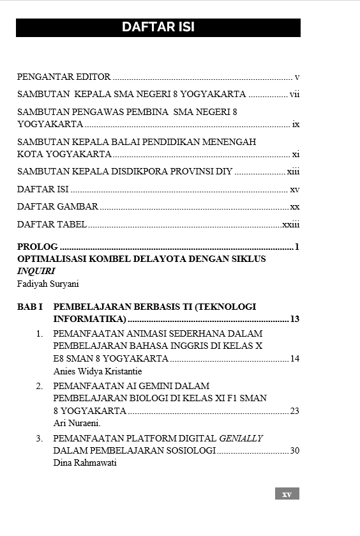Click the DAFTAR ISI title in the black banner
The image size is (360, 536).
tap(158, 27)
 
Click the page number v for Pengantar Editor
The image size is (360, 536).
tap(297, 77)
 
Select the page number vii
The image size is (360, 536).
tap(294, 95)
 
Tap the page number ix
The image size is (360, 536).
tap(296, 125)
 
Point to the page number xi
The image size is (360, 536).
tap(296, 155)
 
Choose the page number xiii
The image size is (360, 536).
tap(293, 172)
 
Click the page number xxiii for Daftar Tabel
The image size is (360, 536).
tap(291, 225)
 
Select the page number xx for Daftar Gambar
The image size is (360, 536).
tap(295, 207)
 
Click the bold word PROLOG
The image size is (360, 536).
tap(37, 247)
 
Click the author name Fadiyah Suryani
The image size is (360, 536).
tap(48, 284)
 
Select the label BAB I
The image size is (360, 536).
tap(29, 307)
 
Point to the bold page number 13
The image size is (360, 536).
tap(294, 319)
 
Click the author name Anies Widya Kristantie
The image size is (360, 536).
tap(98, 371)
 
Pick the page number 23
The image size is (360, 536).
tap(294, 411)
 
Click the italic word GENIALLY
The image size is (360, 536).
tap(241, 438)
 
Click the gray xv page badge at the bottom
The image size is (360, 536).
tap(287, 494)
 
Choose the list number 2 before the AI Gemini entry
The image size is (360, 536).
tap(39, 386)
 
